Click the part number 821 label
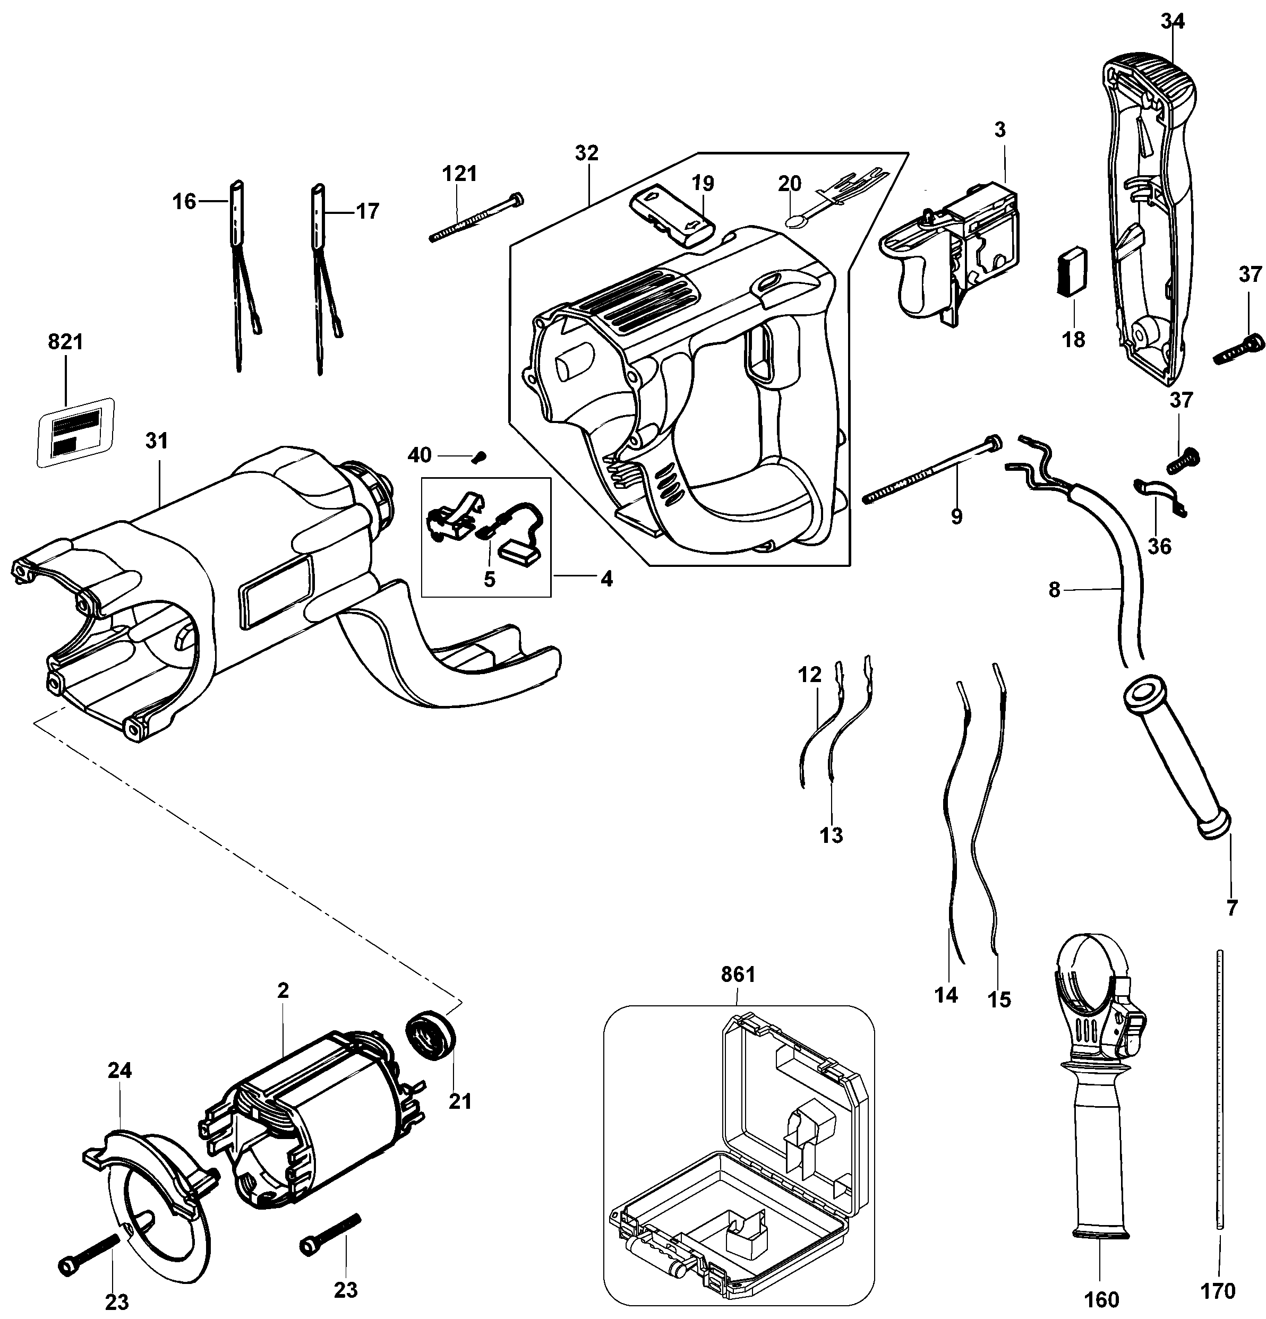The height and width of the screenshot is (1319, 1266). point(65,342)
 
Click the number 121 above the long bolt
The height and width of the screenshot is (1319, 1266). point(459,174)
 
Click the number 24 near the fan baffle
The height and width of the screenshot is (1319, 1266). point(120,1070)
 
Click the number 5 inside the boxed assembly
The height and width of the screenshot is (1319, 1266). point(489,579)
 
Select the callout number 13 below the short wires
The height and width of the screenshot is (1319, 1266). point(832,835)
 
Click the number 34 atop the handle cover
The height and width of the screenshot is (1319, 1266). point(1173,22)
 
